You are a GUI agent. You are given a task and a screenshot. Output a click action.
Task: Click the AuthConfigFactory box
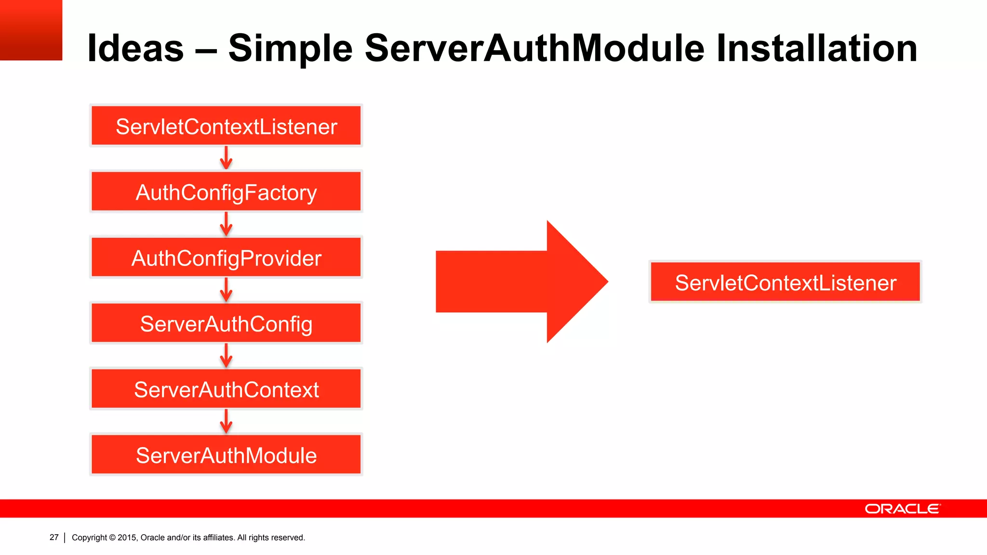(x=226, y=192)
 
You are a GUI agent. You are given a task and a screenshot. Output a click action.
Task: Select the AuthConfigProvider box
(x=226, y=258)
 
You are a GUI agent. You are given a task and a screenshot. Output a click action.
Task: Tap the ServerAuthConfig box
(x=226, y=323)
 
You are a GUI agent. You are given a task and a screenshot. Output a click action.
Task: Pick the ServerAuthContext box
(x=226, y=389)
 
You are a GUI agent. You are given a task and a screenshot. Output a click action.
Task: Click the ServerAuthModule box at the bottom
(x=226, y=455)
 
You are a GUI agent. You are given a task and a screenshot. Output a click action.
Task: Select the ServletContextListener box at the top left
(x=226, y=126)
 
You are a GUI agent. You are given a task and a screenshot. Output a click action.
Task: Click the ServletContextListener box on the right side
(x=785, y=282)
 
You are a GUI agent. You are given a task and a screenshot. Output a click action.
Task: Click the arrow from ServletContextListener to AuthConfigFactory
(x=226, y=158)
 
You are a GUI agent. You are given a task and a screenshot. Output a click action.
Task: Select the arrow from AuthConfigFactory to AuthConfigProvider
(x=226, y=224)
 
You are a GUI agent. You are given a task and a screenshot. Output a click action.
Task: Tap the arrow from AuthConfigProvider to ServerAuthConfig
(x=226, y=290)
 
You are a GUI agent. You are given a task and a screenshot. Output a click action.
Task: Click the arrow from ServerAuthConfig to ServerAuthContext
(x=226, y=356)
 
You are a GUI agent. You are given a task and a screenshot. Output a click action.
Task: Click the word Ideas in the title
(x=135, y=48)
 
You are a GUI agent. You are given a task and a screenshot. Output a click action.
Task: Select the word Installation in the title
(x=816, y=48)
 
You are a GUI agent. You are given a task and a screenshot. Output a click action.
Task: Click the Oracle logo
(x=902, y=509)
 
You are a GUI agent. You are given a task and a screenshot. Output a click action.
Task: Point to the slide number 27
(x=54, y=537)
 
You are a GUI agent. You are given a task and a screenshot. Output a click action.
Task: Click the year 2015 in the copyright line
(x=127, y=538)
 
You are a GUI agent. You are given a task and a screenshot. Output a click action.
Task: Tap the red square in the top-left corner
(x=31, y=30)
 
